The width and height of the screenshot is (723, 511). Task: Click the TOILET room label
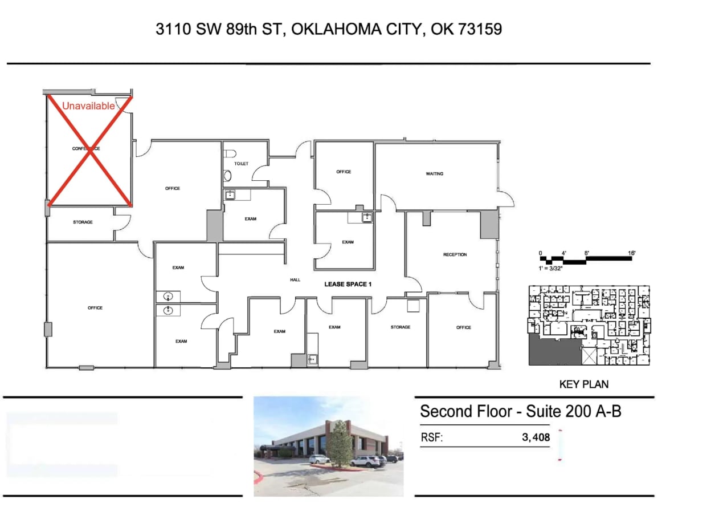(242, 164)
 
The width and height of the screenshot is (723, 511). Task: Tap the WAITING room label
(435, 174)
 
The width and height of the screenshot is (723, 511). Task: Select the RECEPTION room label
(455, 254)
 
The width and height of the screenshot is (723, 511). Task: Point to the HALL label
(295, 280)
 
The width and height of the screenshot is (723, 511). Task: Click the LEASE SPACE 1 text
(348, 284)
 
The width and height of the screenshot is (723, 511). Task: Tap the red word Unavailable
(88, 106)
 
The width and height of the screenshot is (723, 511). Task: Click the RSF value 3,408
(536, 438)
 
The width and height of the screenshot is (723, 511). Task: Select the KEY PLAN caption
(583, 384)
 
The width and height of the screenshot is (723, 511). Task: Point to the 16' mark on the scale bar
(631, 252)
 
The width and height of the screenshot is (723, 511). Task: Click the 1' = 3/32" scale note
(551, 268)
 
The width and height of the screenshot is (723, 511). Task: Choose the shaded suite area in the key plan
(553, 349)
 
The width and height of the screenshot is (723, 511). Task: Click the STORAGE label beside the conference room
(83, 222)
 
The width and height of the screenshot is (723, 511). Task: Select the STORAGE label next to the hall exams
(401, 327)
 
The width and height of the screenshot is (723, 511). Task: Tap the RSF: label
(431, 438)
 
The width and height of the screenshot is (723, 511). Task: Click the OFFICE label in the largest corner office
(95, 308)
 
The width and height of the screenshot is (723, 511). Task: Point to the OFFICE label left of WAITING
(344, 172)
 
